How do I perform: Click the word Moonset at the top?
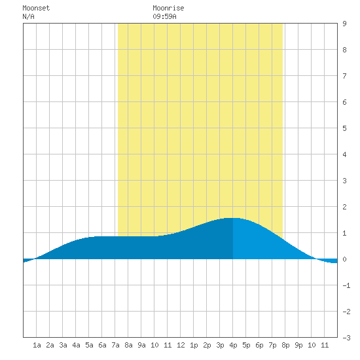coord(36,8)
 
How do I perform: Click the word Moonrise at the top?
coord(168,8)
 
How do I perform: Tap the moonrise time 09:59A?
coord(164,16)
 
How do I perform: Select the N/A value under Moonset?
coord(28,16)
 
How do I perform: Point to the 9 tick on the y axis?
coord(344,24)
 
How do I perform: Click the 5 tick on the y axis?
coord(344,128)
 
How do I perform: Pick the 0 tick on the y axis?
coord(344,259)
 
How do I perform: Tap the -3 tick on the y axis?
coord(346,338)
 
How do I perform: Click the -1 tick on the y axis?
coord(346,285)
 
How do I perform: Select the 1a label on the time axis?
coord(37,345)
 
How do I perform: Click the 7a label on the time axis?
coord(115,345)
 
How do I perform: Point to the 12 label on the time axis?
coord(181,345)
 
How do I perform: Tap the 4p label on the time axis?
coord(233,345)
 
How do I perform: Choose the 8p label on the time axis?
coord(285,345)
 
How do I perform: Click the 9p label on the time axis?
coord(298,345)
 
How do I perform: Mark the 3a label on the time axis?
coord(63,345)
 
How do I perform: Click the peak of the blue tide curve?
coord(232,218)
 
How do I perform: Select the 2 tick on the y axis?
coord(344,207)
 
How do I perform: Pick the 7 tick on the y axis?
coord(344,76)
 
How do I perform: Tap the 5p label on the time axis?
coord(246,345)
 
